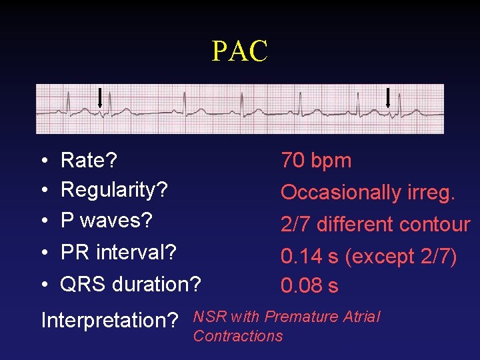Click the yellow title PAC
(239, 51)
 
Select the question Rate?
(89, 160)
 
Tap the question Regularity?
(114, 190)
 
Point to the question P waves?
(107, 220)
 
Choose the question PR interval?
(119, 253)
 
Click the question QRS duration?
(131, 284)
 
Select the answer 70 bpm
(316, 160)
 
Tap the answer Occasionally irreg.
(368, 193)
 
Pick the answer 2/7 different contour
(375, 225)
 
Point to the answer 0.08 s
(309, 286)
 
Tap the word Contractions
(238, 336)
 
